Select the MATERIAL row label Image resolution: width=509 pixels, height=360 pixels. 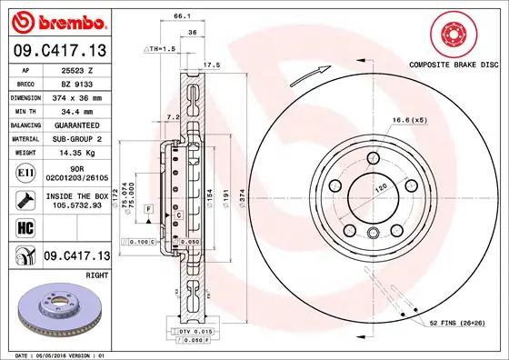pyautogui.click(x=26, y=138)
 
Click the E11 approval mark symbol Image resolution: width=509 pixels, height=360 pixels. pyautogui.click(x=26, y=171)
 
